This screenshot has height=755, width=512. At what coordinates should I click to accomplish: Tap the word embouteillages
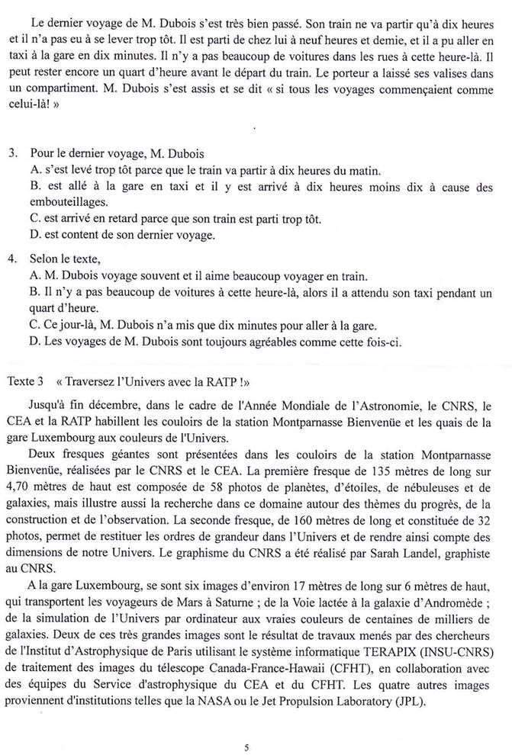(66, 202)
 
